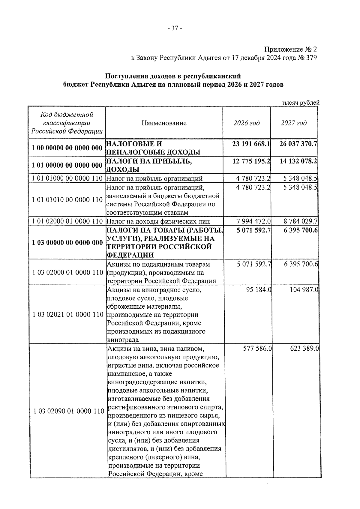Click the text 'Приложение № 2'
290,49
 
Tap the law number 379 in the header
311,58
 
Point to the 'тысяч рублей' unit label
300,103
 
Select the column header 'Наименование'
164,123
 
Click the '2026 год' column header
247,123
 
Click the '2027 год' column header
294,123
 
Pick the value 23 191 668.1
251,144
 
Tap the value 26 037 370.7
298,144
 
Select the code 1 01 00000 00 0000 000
67,165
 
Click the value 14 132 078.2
298,161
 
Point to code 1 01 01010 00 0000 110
67,200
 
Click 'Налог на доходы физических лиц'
158,222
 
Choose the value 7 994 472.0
253,222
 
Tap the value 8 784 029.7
300,222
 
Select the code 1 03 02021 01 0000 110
68,315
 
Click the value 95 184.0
258,290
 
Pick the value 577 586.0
257,349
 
